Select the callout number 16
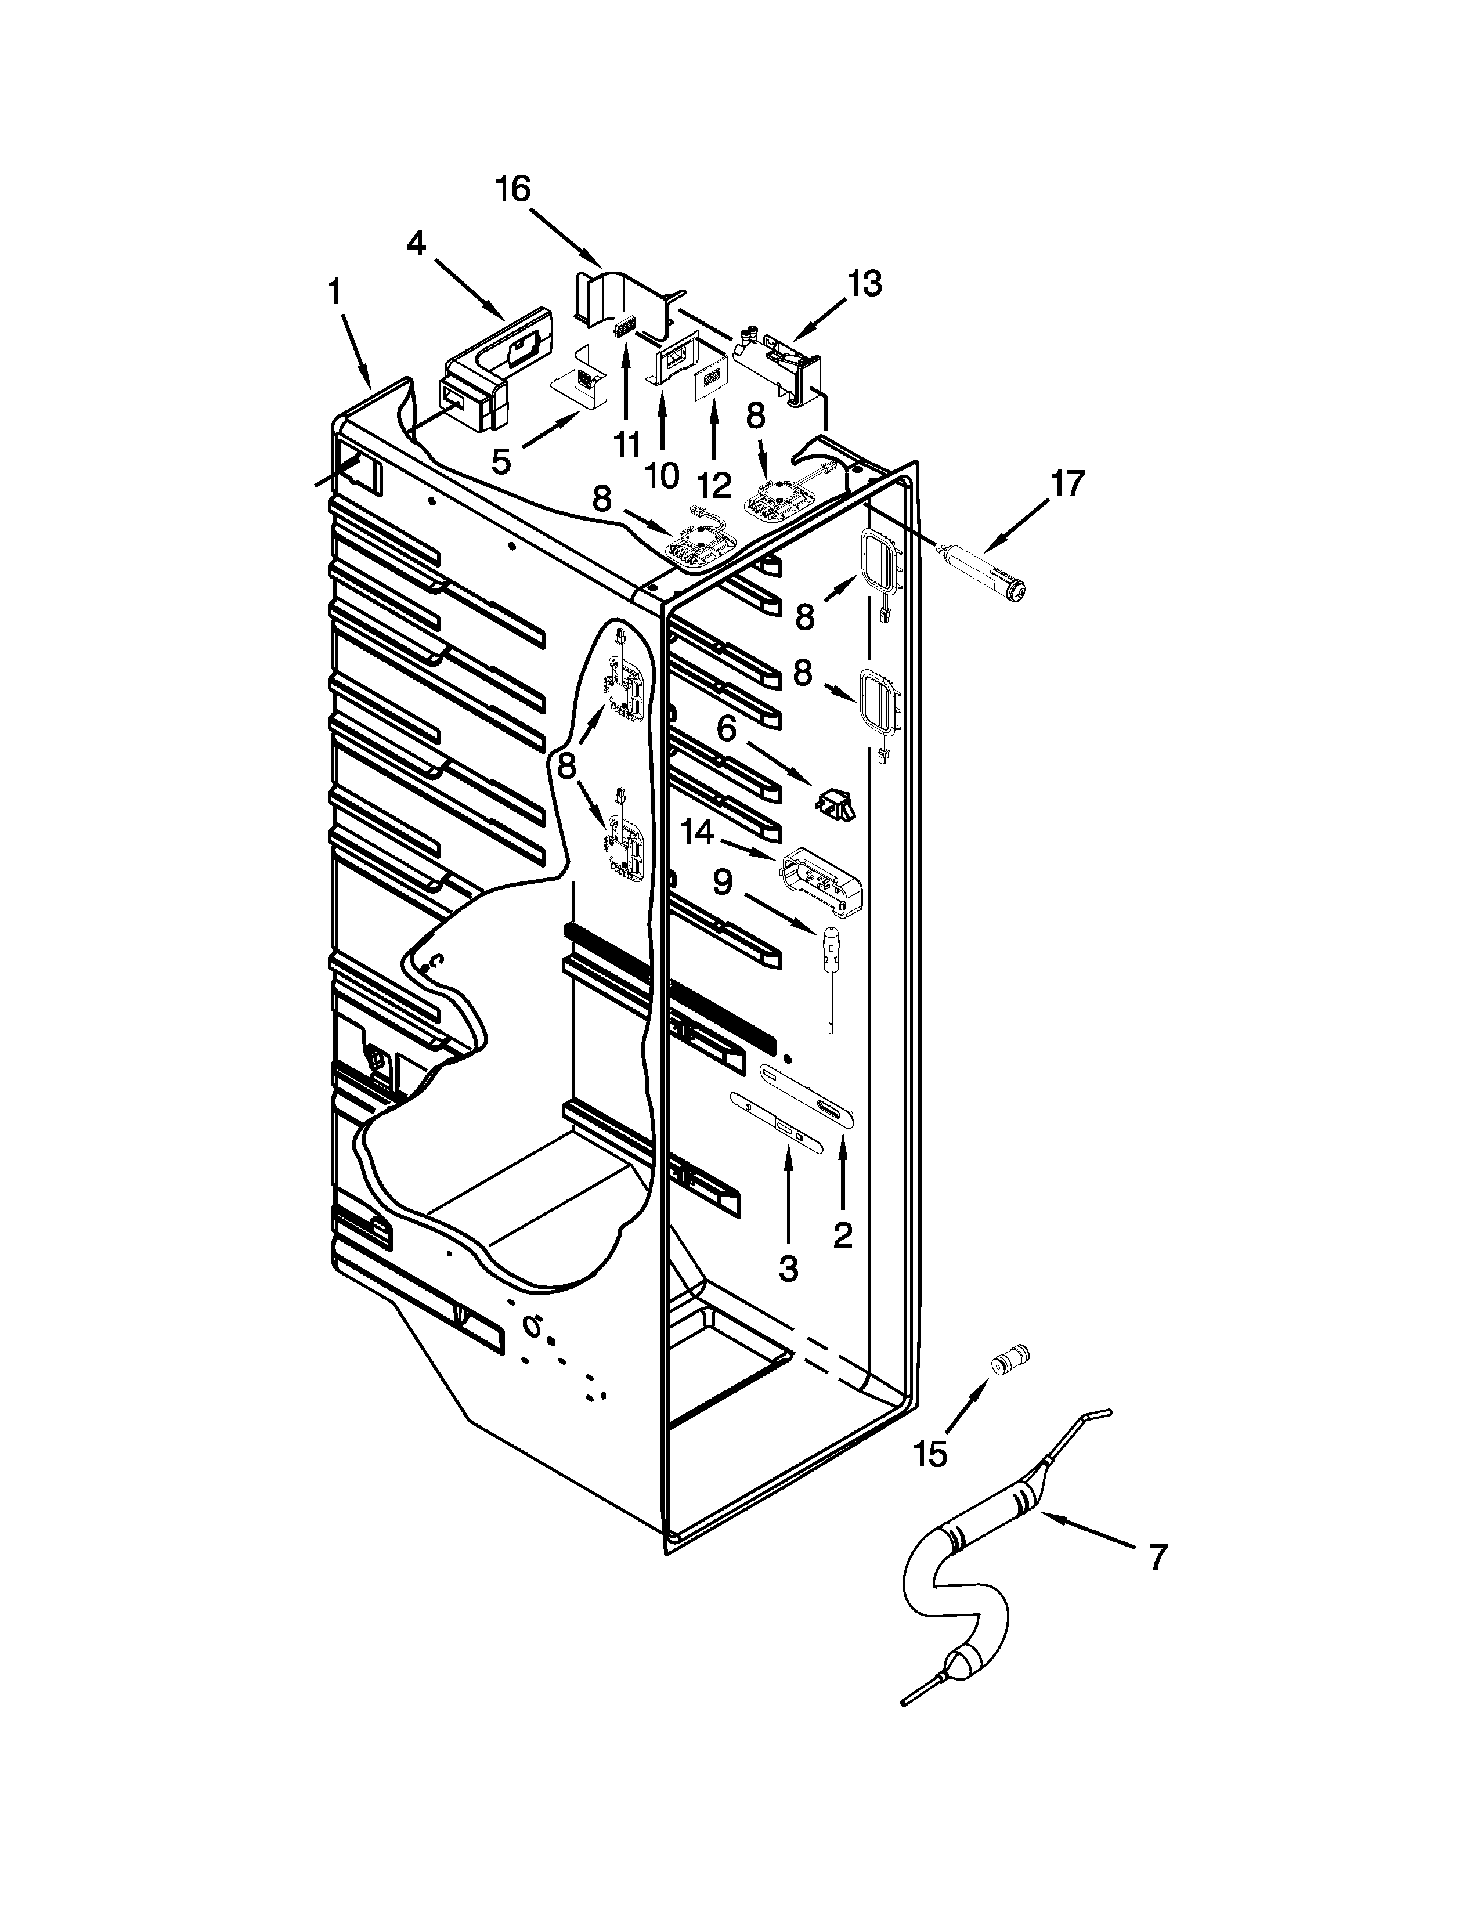click(513, 189)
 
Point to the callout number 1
click(335, 291)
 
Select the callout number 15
click(930, 1455)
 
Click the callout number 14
click(698, 833)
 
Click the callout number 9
click(721, 882)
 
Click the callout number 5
click(501, 460)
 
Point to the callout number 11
click(627, 445)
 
